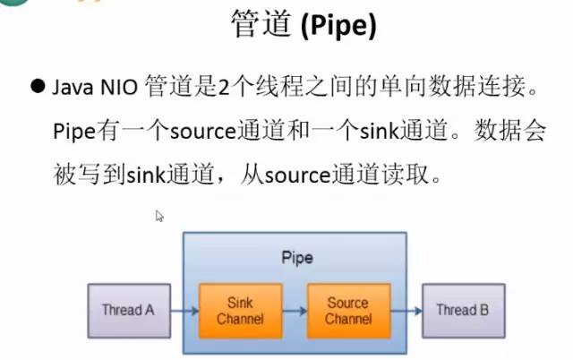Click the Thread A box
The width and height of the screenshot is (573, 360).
[x=127, y=311]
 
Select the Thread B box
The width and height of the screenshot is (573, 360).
[x=462, y=311]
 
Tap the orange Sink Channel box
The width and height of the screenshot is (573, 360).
[x=240, y=311]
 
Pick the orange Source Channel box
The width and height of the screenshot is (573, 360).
[x=347, y=311]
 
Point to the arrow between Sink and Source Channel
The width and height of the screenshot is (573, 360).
[x=294, y=312]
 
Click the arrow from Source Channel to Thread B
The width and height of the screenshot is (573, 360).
[x=405, y=312]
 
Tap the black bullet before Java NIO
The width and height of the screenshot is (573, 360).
[x=38, y=86]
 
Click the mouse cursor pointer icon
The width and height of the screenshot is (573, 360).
[x=159, y=216]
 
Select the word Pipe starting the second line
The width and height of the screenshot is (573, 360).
[x=73, y=131]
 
